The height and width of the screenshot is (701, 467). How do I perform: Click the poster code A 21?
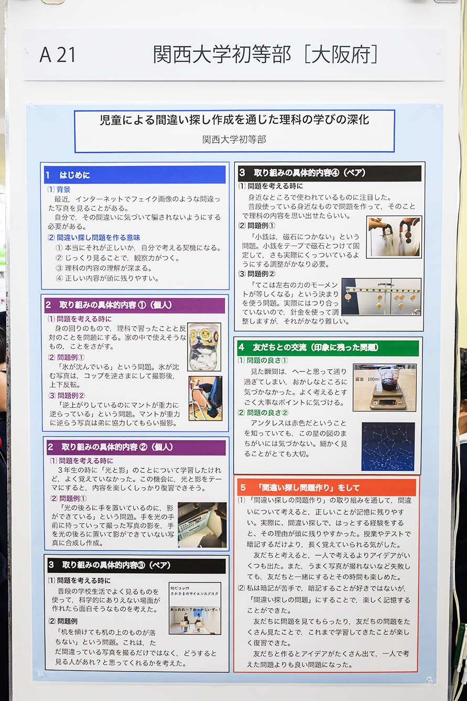(x=58, y=55)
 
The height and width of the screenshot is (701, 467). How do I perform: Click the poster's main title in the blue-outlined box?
(x=234, y=120)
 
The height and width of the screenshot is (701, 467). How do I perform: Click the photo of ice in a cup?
(x=204, y=347)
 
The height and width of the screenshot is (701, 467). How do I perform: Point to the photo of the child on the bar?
(x=205, y=398)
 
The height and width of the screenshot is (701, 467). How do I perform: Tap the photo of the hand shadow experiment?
(x=202, y=525)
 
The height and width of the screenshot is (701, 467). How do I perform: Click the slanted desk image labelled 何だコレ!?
(x=195, y=608)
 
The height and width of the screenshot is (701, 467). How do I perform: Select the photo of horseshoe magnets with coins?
(x=394, y=237)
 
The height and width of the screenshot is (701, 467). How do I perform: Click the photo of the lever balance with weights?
(x=381, y=297)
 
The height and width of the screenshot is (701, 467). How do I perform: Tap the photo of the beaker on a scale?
(x=384, y=387)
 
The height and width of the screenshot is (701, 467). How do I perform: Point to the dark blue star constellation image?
(x=388, y=446)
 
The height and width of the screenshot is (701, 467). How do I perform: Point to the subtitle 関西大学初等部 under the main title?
(x=234, y=139)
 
